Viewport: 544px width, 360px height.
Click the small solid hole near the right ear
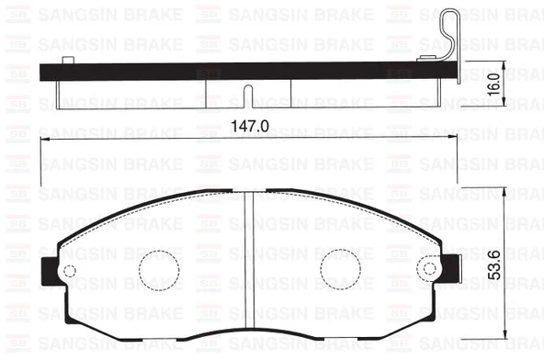point(428,268)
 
